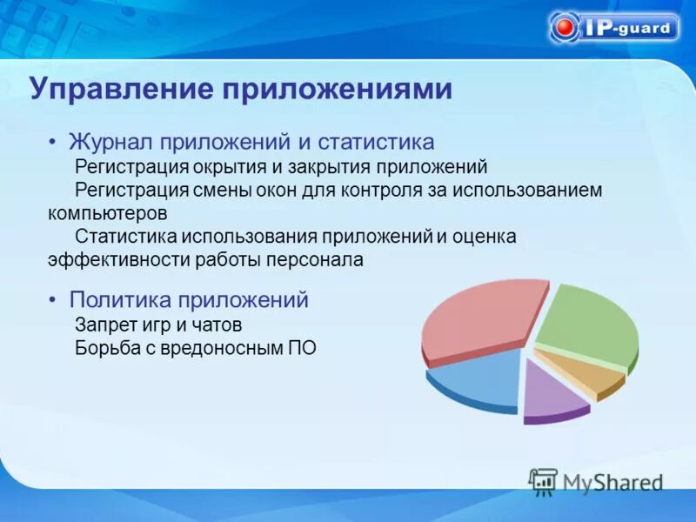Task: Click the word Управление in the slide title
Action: pos(123,90)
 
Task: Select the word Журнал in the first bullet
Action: pos(111,141)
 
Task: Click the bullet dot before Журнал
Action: pos(52,142)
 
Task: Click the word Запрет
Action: pos(104,325)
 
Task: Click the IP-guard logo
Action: pos(614,27)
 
